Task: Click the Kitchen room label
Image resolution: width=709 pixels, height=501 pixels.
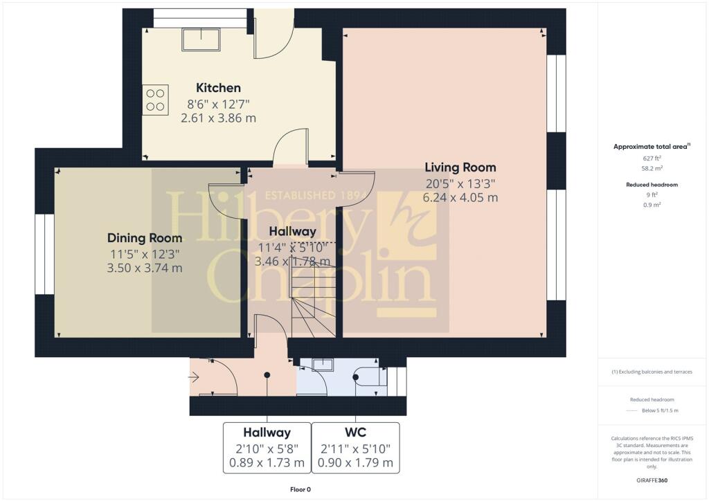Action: [x=218, y=88]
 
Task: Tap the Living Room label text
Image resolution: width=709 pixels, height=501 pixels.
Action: [x=460, y=167]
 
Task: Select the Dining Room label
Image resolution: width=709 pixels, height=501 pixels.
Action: [x=145, y=238]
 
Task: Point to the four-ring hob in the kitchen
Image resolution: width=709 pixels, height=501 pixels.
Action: [x=156, y=100]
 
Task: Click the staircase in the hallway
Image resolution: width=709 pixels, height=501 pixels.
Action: [x=312, y=297]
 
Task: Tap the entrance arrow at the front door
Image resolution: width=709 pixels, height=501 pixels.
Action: [x=194, y=378]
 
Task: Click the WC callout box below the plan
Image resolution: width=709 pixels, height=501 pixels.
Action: [x=355, y=448]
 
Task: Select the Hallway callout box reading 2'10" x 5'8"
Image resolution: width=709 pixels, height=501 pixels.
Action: [x=267, y=448]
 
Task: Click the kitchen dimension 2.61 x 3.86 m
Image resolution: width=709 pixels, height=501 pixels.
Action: [x=218, y=118]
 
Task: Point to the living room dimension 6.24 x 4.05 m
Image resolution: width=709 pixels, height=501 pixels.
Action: [x=460, y=197]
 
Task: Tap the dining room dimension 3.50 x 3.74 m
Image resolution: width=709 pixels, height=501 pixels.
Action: [x=145, y=268]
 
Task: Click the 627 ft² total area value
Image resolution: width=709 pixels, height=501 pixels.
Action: [x=652, y=158]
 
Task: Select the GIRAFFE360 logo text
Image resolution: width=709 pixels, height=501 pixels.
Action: [x=652, y=480]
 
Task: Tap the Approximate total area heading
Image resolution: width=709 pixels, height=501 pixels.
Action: [x=652, y=147]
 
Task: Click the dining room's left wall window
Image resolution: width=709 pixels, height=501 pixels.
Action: [x=44, y=254]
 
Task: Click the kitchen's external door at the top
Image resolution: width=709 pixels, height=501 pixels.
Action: [x=273, y=35]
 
